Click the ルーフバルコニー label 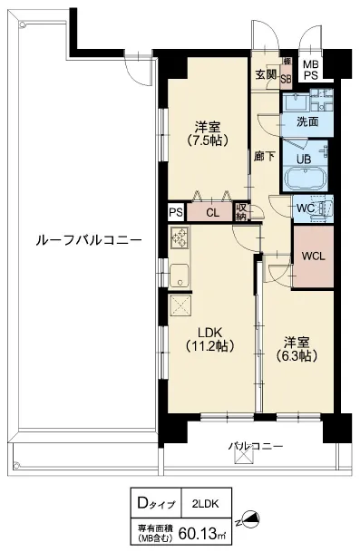point(89,241)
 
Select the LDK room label point(209,332)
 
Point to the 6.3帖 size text point(297,356)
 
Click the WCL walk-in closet point(314,257)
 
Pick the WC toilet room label point(305,208)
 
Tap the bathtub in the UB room point(305,178)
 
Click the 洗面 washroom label point(307,121)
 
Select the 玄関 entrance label point(266,74)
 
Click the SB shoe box point(286,79)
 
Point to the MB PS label point(311,70)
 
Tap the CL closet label point(213,213)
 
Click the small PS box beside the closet point(176,212)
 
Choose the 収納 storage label point(241,212)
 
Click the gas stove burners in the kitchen point(180,237)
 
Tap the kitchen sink point(180,276)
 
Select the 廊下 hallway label point(265,156)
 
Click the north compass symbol point(249,520)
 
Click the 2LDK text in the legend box point(206,504)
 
